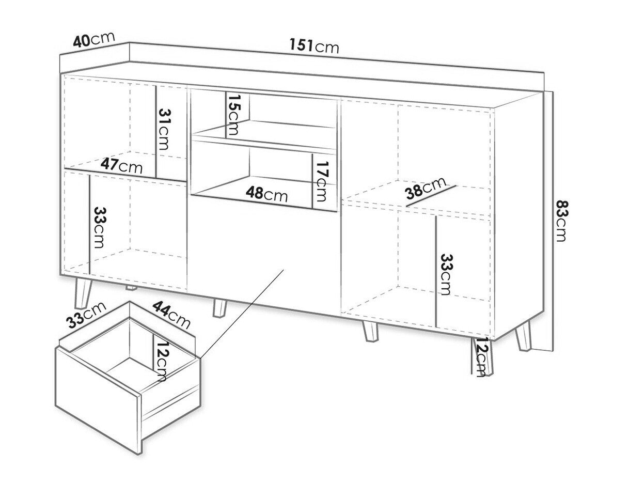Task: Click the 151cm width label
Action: click(x=314, y=46)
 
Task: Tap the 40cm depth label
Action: click(x=93, y=39)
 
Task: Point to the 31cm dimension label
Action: click(x=164, y=129)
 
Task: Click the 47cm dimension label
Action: click(x=121, y=166)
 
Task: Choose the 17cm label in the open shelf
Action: click(x=321, y=181)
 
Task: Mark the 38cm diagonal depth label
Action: click(x=426, y=189)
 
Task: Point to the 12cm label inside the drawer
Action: click(x=161, y=361)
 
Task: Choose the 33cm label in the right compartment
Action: click(x=447, y=274)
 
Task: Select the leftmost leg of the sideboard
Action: click(x=83, y=293)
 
